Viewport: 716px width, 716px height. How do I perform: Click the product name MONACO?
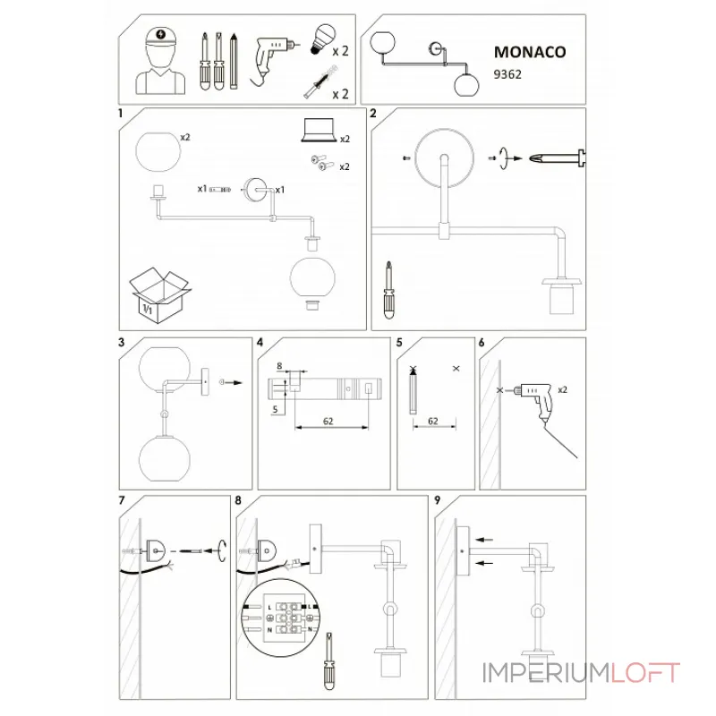click(530, 52)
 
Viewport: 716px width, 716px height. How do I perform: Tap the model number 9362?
click(507, 74)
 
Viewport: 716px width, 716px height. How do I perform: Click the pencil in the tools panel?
click(234, 61)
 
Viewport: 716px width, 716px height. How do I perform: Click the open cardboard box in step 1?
click(160, 295)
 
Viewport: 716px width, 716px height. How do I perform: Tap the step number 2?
click(373, 114)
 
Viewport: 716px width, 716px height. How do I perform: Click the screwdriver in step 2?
click(389, 290)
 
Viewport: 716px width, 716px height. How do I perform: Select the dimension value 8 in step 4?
click(279, 366)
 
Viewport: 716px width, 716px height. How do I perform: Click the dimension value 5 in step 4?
click(275, 409)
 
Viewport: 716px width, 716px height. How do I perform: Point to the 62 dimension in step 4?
click(328, 421)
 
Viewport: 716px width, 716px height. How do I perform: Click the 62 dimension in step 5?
click(433, 421)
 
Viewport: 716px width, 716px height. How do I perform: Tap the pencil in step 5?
click(413, 391)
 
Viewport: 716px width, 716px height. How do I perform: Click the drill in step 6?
click(533, 401)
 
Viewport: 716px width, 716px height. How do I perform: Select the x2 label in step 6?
click(563, 389)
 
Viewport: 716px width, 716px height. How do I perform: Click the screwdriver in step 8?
click(328, 661)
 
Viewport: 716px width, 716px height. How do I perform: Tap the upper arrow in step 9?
click(484, 540)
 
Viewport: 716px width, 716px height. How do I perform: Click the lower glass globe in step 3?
click(165, 458)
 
